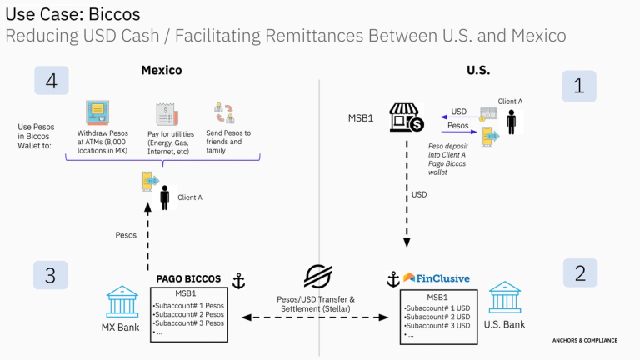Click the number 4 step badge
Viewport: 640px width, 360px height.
[x=52, y=80]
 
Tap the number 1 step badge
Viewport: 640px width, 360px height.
[x=579, y=86]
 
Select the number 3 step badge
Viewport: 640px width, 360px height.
[x=50, y=275]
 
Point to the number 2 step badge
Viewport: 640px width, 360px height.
[x=580, y=272]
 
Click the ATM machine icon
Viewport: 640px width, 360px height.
[x=97, y=112]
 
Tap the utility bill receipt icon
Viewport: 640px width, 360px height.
[x=167, y=114]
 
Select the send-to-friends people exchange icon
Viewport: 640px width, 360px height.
[x=224, y=112]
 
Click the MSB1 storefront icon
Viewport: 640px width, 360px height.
[x=407, y=117]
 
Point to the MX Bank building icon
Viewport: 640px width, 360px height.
[x=122, y=302]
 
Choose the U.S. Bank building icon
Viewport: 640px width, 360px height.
[x=505, y=297]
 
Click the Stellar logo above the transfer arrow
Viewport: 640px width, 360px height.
[x=318, y=277]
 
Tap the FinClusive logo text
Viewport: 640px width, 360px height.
[x=442, y=278]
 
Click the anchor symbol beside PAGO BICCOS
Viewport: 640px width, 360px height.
[x=239, y=281]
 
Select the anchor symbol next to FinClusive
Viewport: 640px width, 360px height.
[x=393, y=279]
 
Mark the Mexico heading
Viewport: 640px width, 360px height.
[x=162, y=70]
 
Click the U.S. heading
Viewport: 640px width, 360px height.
[x=478, y=70]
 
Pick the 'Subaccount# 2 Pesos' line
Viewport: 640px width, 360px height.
[x=188, y=314]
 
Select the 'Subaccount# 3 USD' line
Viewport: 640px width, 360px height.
[x=437, y=326]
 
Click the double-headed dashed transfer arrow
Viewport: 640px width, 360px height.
[x=315, y=317]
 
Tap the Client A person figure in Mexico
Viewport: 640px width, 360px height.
[x=165, y=197]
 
